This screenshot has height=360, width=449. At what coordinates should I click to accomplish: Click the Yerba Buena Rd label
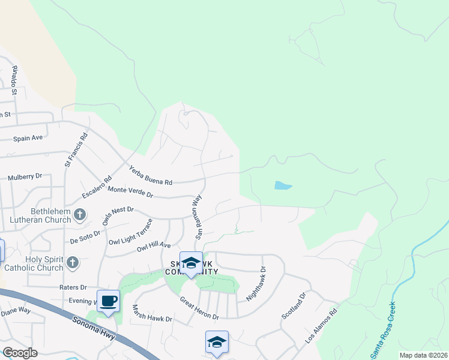coord(151,175)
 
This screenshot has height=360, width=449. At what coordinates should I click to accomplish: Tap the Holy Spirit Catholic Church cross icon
coord(72,262)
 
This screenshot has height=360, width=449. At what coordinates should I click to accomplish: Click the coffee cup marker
coord(108,301)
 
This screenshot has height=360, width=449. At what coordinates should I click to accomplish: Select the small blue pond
coord(283,185)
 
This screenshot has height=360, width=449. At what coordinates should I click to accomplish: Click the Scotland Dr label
coord(294,305)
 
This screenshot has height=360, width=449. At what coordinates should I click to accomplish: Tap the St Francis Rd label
coord(76,150)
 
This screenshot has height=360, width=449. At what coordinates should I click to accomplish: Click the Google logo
coord(20,352)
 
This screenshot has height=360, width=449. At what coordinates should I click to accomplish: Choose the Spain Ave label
coord(28,138)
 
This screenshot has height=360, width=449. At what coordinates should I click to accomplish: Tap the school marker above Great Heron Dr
coord(191,263)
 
